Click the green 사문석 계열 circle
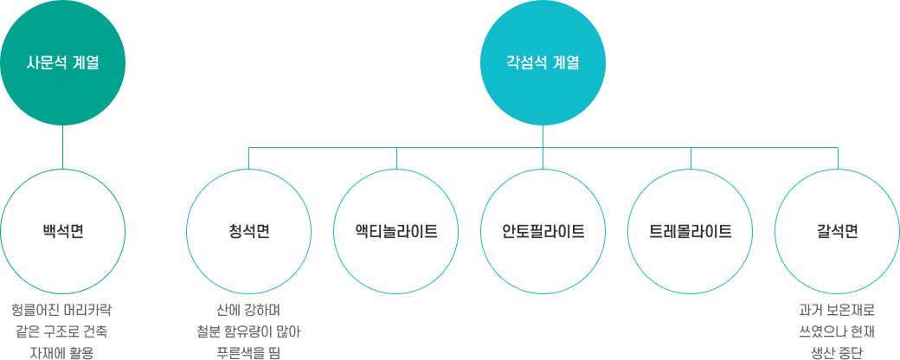pyautogui.click(x=62, y=62)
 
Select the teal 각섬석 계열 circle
pyautogui.click(x=543, y=62)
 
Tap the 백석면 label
pyautogui.click(x=62, y=232)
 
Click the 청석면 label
pyautogui.click(x=249, y=232)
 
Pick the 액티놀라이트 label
pyautogui.click(x=396, y=232)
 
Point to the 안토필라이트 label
pyautogui.click(x=543, y=232)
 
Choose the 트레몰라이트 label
pyautogui.click(x=691, y=232)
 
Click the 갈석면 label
pyautogui.click(x=838, y=232)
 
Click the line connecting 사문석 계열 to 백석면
pyautogui.click(x=62, y=148)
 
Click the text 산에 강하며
pyautogui.click(x=248, y=312)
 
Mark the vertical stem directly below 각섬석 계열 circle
pyautogui.click(x=543, y=148)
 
